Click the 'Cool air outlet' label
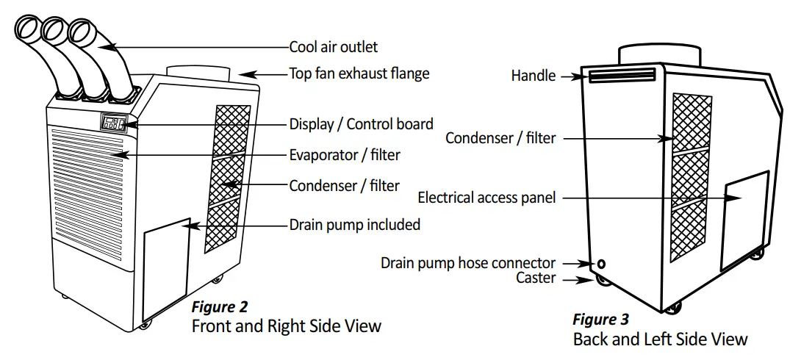pyautogui.click(x=333, y=47)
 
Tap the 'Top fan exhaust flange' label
pyautogui.click(x=359, y=73)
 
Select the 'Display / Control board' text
pyautogui.click(x=361, y=124)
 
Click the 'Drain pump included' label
pyautogui.click(x=354, y=225)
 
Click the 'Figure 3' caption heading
pyautogui.click(x=600, y=320)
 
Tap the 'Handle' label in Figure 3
pyautogui.click(x=534, y=75)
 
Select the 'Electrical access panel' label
pyautogui.click(x=486, y=198)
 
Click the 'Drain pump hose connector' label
pyautogui.click(x=468, y=263)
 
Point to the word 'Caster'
pyautogui.click(x=536, y=278)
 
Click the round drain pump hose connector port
pyautogui.click(x=602, y=263)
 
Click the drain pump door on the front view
pyautogui.click(x=165, y=268)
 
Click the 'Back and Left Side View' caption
pyautogui.click(x=660, y=339)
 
